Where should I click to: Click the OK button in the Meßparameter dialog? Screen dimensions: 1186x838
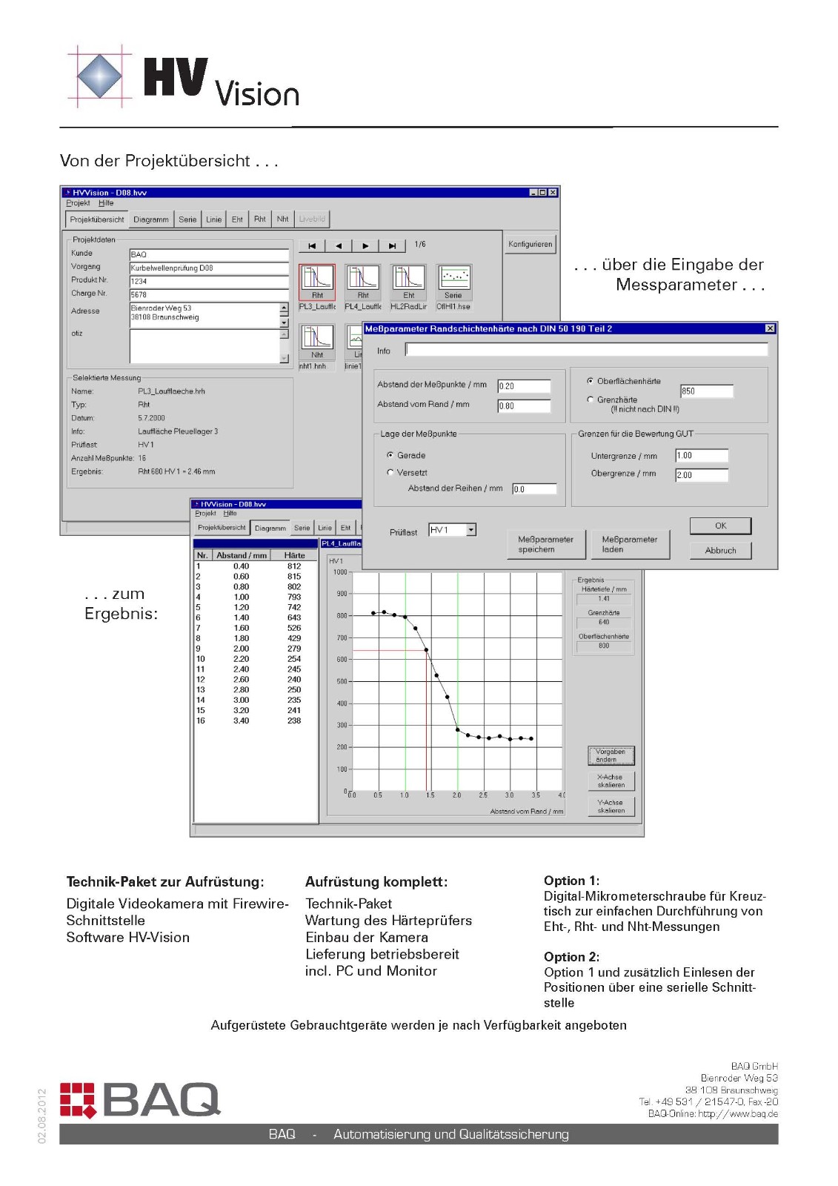click(x=720, y=526)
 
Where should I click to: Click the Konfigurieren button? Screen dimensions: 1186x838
click(x=530, y=244)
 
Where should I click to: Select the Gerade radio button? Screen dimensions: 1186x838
click(x=390, y=455)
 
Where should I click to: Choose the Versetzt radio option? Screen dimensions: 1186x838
click(x=390, y=472)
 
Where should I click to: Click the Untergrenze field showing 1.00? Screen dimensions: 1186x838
click(x=701, y=456)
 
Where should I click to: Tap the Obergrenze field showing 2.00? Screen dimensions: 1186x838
click(x=701, y=475)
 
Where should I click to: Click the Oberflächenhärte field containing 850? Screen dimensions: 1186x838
click(x=706, y=391)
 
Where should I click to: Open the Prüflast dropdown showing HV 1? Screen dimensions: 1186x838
click(x=471, y=530)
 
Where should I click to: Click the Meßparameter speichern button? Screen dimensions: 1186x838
click(x=545, y=544)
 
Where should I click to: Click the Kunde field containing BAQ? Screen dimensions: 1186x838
click(x=208, y=254)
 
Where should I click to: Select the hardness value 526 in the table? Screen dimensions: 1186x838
click(x=294, y=628)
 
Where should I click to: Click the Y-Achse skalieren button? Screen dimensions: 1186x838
click(x=611, y=806)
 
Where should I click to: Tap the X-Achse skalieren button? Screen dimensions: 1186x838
click(x=611, y=781)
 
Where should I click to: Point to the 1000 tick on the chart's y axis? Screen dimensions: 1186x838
click(x=340, y=572)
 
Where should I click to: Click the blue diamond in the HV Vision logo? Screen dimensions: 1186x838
click(x=99, y=76)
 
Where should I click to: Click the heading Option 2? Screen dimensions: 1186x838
click(x=571, y=957)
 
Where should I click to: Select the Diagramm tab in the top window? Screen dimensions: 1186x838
click(x=151, y=219)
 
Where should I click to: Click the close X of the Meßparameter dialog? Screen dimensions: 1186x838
click(x=770, y=328)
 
